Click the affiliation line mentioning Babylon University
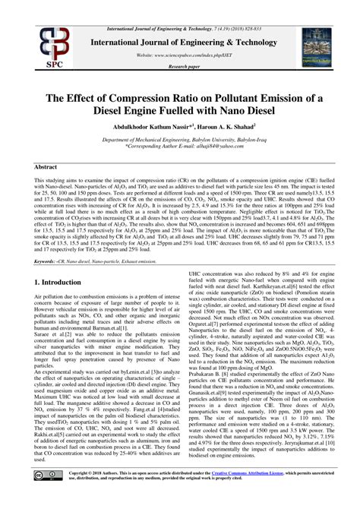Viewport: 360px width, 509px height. (x=181, y=141)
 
